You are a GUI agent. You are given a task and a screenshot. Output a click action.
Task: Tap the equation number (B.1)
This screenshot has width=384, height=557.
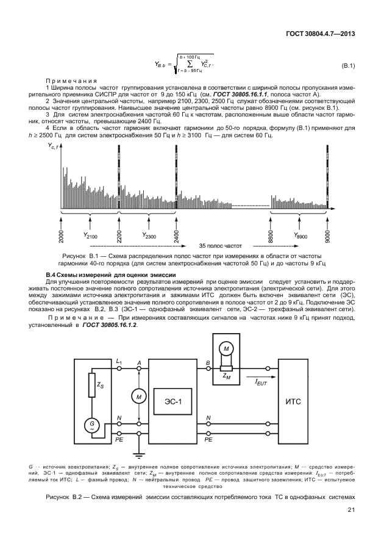(347, 65)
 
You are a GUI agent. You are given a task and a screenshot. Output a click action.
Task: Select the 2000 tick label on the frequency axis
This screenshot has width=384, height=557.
(62, 236)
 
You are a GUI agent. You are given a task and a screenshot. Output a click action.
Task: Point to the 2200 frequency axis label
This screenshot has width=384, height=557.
(119, 236)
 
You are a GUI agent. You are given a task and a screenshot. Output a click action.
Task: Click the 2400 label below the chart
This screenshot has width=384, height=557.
(177, 236)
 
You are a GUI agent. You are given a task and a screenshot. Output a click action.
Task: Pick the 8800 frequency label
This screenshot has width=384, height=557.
(270, 236)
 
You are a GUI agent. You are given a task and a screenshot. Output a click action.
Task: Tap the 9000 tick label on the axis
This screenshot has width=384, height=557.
(328, 236)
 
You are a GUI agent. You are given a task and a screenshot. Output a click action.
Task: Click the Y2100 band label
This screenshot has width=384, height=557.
(90, 235)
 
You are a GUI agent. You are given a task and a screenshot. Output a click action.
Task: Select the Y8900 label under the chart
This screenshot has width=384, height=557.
(300, 235)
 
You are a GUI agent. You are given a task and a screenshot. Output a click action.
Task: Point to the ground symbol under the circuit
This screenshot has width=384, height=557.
(140, 454)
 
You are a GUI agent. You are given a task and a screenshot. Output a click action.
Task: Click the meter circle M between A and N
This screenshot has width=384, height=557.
(140, 397)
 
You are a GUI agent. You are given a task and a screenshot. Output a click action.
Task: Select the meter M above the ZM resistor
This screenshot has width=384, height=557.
(227, 348)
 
